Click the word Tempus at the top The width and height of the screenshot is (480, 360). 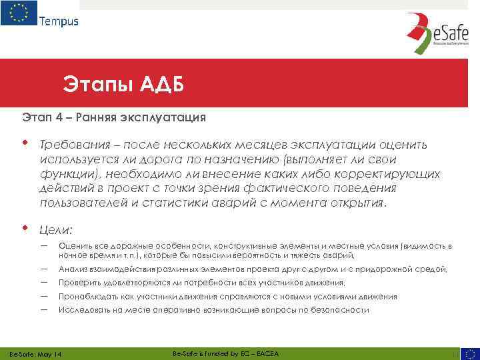tap(59, 21)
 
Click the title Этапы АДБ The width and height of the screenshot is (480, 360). tap(123, 85)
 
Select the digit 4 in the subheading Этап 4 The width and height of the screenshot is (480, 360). tap(58, 117)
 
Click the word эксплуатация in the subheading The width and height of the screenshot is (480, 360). tap(163, 117)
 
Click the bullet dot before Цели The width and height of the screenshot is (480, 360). tap(25, 229)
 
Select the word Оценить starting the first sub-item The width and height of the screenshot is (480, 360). tap(74, 246)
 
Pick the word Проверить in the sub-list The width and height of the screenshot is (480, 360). tap(77, 283)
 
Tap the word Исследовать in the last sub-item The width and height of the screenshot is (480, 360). tap(81, 310)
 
